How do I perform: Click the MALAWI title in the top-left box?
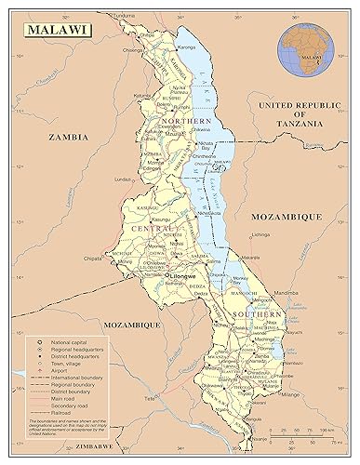(55, 30)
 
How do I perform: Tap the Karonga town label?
(189, 44)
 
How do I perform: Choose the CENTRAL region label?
(153, 228)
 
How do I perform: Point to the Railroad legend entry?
(59, 413)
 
